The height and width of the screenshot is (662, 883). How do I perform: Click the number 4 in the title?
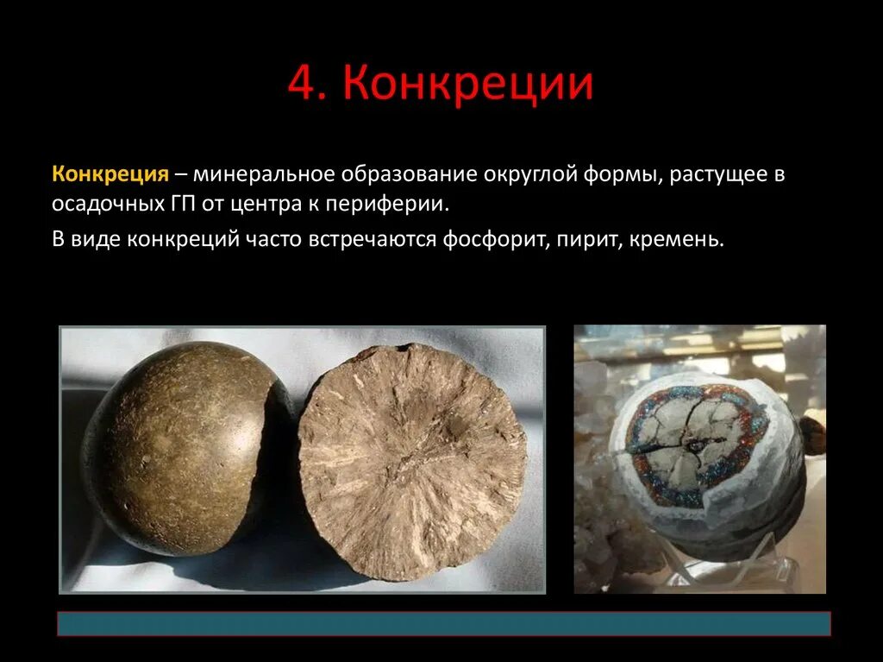(303, 85)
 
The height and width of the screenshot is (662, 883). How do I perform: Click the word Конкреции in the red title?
(468, 85)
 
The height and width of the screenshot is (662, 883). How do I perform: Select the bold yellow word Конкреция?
(110, 173)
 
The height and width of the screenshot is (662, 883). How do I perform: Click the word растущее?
(722, 173)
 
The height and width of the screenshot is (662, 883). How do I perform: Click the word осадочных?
(103, 205)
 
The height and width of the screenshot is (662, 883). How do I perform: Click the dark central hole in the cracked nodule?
(692, 444)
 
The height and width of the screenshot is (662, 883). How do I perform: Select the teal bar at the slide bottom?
(443, 623)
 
